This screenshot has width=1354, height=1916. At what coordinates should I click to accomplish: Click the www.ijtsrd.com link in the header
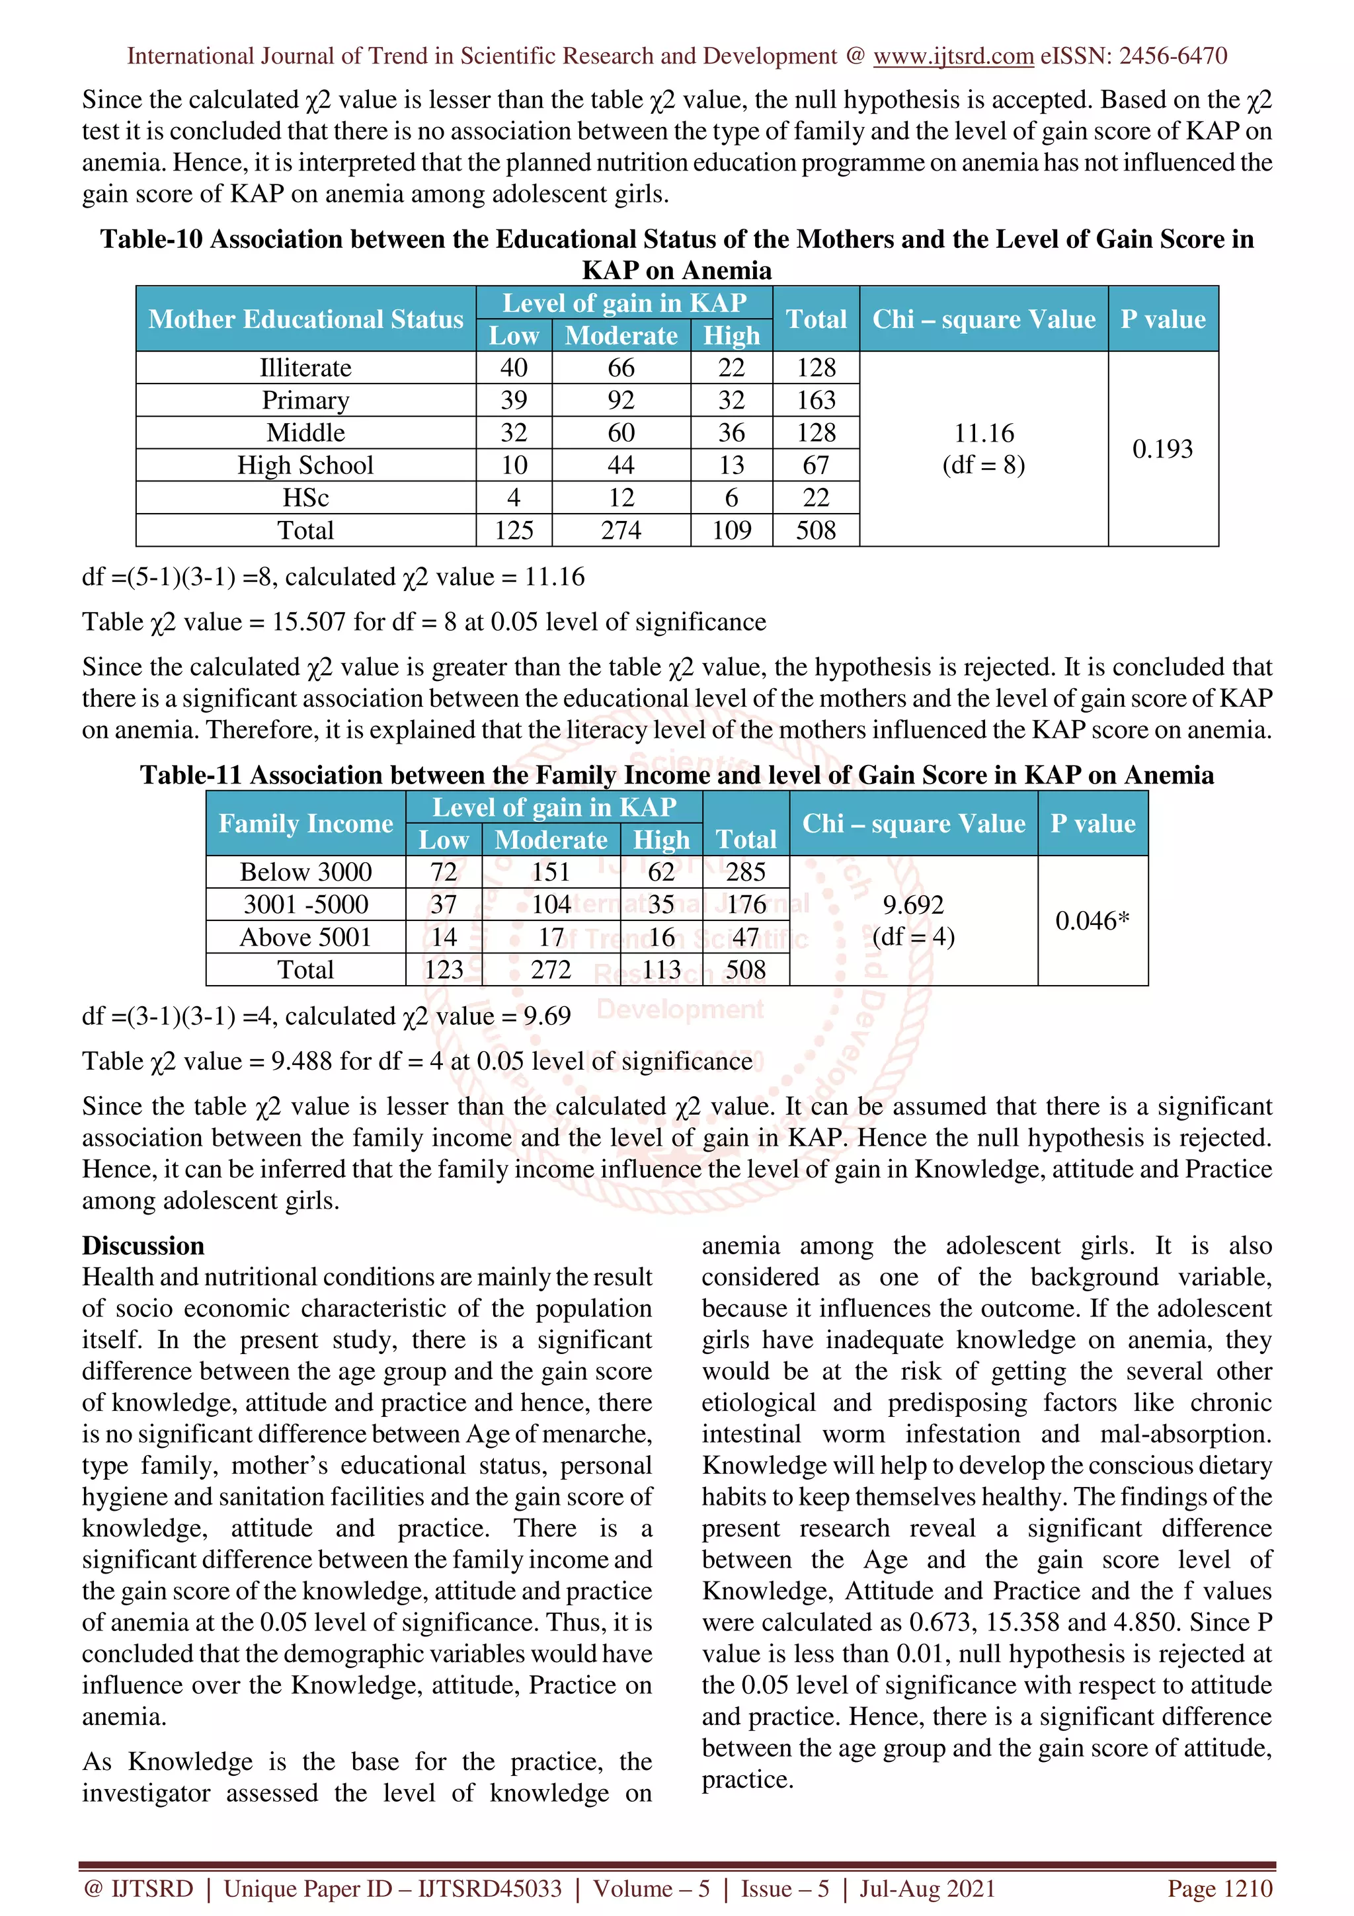[x=953, y=56]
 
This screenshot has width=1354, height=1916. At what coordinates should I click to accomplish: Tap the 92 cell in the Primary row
[x=621, y=400]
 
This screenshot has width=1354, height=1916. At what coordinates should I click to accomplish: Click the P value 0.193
[x=1162, y=449]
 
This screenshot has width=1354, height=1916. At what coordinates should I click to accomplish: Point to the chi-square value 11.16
[x=984, y=433]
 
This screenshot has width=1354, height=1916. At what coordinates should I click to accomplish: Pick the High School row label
[x=305, y=465]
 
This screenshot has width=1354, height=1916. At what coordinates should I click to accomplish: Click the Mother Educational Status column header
[x=305, y=319]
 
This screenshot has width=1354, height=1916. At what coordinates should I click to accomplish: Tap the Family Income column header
[x=305, y=824]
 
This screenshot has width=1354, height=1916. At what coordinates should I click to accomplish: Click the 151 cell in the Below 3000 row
[x=551, y=872]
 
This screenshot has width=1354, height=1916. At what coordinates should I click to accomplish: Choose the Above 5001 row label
[x=305, y=937]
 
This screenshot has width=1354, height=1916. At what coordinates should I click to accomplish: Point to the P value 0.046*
[x=1092, y=920]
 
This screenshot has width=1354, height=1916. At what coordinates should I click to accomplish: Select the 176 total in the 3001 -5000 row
[x=746, y=904]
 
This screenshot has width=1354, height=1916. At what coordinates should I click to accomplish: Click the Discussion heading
[x=143, y=1246]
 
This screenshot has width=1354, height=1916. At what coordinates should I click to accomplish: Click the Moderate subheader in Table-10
[x=621, y=335]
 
